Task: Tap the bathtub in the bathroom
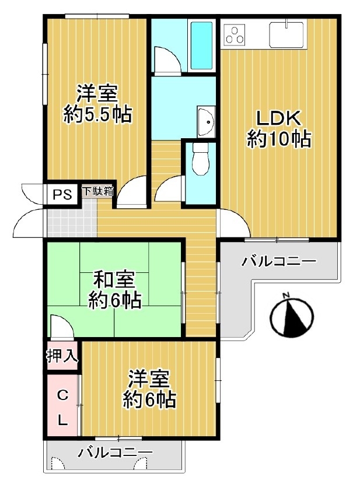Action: click(x=201, y=45)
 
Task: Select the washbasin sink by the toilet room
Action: click(x=206, y=121)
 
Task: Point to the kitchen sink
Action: click(x=286, y=34)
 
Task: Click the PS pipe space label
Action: click(x=62, y=195)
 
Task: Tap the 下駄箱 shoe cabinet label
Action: click(x=98, y=191)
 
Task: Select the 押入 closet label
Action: click(x=62, y=356)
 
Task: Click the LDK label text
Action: click(x=278, y=118)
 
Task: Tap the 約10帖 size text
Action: click(x=279, y=139)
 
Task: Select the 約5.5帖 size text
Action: click(x=97, y=115)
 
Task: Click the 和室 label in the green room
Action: click(x=115, y=280)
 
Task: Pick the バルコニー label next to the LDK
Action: click(x=279, y=261)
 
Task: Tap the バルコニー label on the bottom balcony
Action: click(x=116, y=452)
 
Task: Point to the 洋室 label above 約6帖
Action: click(x=149, y=379)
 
